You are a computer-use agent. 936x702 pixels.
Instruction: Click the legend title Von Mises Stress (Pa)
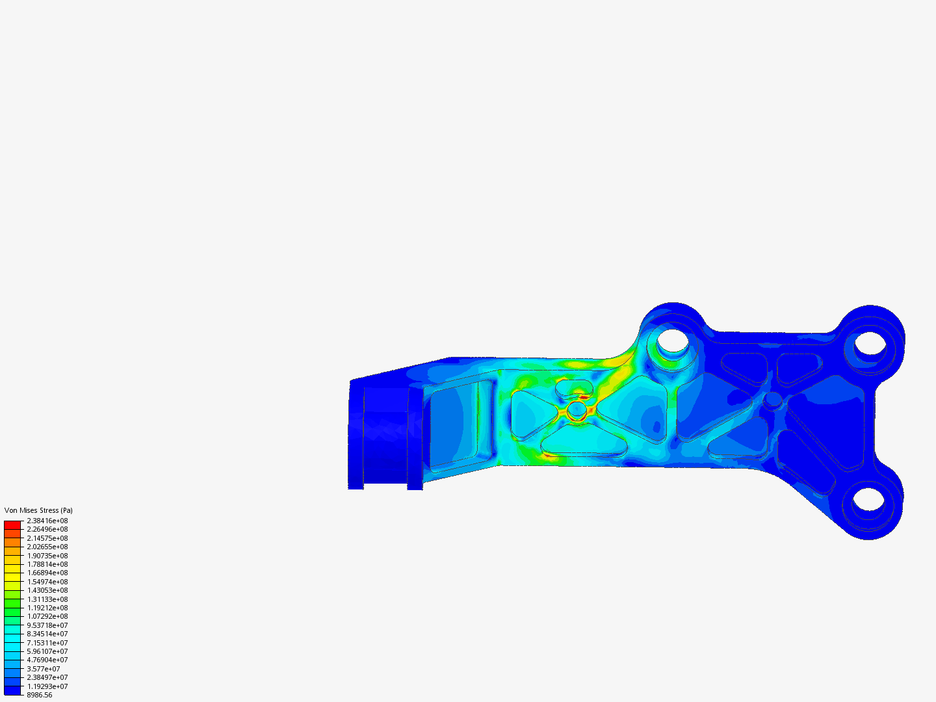tap(38, 510)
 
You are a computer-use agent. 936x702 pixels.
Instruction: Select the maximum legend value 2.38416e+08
tap(47, 521)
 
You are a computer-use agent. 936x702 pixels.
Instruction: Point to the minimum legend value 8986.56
tap(39, 695)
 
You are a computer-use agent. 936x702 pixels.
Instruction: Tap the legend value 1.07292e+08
tap(47, 616)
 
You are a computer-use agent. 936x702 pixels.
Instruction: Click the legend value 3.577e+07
tap(43, 669)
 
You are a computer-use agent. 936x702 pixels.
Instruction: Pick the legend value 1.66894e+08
tap(47, 573)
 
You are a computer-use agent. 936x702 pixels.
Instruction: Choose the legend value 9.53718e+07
tap(47, 625)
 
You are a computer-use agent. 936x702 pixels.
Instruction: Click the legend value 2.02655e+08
tap(47, 547)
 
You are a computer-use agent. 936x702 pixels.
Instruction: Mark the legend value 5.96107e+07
tap(47, 651)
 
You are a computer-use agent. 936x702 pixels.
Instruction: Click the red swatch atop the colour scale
tap(12, 525)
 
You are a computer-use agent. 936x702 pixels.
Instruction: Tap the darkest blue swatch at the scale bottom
tap(12, 690)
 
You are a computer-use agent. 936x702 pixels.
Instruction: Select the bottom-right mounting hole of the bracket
tap(868, 499)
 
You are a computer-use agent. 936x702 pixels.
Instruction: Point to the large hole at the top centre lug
tap(672, 339)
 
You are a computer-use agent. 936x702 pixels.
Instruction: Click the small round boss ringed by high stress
tap(577, 410)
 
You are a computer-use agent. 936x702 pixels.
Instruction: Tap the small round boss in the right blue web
tap(773, 399)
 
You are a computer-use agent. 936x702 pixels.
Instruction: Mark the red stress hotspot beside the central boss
tap(584, 396)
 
